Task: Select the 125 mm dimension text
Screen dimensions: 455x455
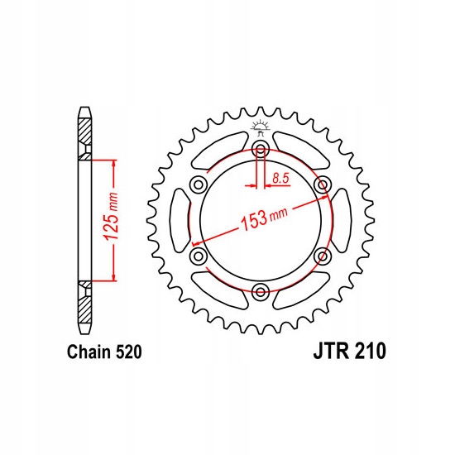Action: [111, 216]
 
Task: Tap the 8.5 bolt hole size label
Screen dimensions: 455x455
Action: [281, 179]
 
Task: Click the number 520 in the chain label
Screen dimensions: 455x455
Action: [129, 352]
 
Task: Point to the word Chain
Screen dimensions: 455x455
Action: [89, 352]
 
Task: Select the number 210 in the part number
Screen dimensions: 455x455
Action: [370, 351]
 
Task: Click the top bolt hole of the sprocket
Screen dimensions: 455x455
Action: [261, 150]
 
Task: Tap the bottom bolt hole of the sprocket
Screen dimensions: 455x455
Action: [261, 292]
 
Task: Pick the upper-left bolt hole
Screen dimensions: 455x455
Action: [199, 184]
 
